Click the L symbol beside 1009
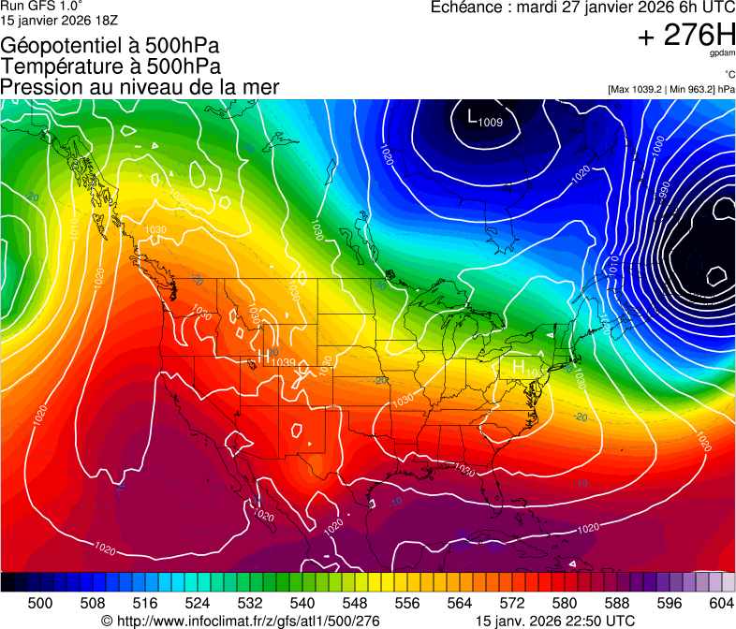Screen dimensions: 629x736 click(471, 117)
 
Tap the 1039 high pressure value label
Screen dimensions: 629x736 click(283, 362)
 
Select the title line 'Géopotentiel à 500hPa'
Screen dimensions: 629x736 click(110, 46)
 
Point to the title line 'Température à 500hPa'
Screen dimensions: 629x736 click(110, 66)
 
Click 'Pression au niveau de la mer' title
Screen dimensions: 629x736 click(140, 87)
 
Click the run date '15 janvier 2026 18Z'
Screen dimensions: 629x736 click(59, 19)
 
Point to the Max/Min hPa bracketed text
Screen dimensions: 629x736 click(670, 89)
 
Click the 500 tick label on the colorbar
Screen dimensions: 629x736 click(40, 603)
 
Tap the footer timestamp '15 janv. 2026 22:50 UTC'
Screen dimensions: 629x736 click(555, 621)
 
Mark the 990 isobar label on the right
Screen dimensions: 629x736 click(664, 192)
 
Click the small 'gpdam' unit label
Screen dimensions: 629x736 click(724, 55)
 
